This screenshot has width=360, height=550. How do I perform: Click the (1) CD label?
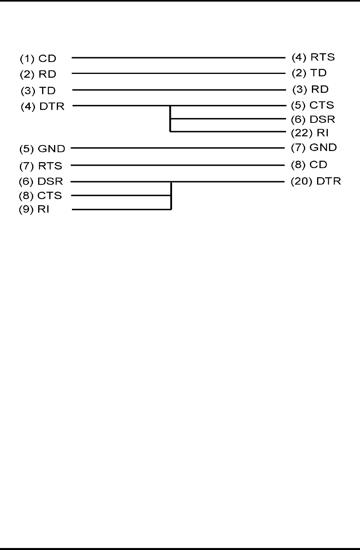point(39,59)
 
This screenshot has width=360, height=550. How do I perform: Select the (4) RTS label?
point(313,57)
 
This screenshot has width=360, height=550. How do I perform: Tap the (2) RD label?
point(39,75)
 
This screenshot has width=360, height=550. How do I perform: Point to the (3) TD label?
point(39,91)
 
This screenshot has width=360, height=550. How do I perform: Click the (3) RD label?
point(311,89)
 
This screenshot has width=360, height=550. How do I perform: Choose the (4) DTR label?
point(43,107)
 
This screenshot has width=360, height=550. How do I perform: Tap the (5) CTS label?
point(313,105)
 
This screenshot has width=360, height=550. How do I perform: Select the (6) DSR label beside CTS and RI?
point(313,119)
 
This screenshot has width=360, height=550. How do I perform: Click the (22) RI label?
point(310,133)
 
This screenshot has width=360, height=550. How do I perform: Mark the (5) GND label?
point(42,149)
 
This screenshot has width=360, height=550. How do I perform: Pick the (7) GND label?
point(314,148)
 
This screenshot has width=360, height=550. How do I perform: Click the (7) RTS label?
point(41,166)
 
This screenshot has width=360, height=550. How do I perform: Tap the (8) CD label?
point(309,165)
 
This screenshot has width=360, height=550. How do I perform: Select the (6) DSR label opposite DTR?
point(41,182)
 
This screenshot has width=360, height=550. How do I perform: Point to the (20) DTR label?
point(315,182)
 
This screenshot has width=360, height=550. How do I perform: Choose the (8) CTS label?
point(41,196)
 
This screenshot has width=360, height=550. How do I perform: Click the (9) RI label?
point(34,209)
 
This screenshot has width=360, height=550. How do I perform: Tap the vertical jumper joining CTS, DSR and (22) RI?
point(170,119)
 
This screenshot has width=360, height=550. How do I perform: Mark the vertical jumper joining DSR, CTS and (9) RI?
point(171,196)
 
